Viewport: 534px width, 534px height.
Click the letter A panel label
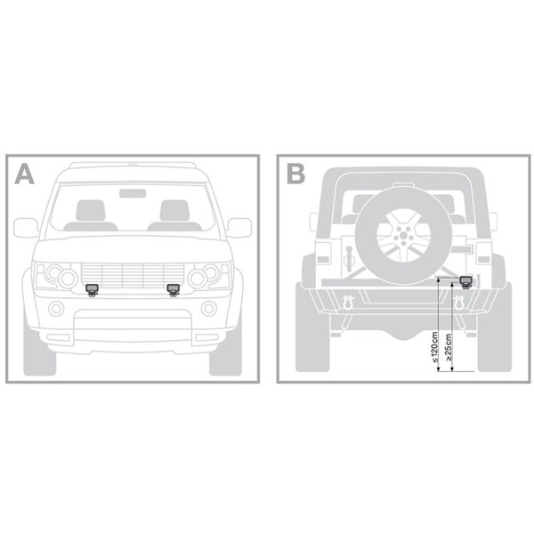pyautogui.click(x=24, y=174)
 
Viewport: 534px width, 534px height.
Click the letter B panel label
pyautogui.click(x=295, y=174)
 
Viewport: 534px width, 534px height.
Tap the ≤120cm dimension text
pyautogui.click(x=434, y=347)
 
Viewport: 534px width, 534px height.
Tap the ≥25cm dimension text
pyautogui.click(x=449, y=347)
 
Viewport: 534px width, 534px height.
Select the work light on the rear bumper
pyautogui.click(x=465, y=282)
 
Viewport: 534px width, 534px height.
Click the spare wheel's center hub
pyautogui.click(x=403, y=235)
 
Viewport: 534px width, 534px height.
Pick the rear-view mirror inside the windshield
pyautogui.click(x=133, y=193)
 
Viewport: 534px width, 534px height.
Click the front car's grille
pyautogui.click(x=133, y=276)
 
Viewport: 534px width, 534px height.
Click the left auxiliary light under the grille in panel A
pyautogui.click(x=92, y=290)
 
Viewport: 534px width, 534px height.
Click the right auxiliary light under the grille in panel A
pyautogui.click(x=174, y=290)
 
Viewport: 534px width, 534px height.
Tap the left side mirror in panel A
pyautogui.click(x=26, y=228)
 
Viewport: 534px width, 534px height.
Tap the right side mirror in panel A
pyautogui.click(x=239, y=228)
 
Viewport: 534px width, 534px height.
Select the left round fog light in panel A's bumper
pyautogui.click(x=56, y=309)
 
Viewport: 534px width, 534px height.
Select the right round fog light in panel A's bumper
pyautogui.click(x=209, y=309)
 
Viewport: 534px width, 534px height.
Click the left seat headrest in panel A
pyautogui.click(x=90, y=210)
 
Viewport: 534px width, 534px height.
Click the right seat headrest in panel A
pyautogui.click(x=174, y=210)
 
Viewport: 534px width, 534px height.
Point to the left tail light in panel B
pyautogui.click(x=323, y=253)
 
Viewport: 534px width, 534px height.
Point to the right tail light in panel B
pyautogui.click(x=483, y=253)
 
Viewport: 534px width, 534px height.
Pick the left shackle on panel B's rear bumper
pyautogui.click(x=348, y=303)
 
